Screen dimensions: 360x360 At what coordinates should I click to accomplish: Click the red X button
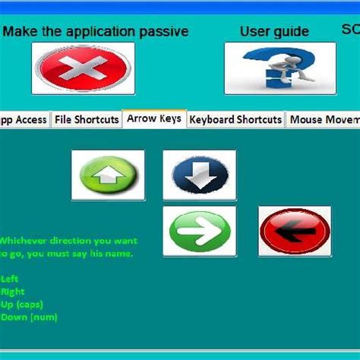(83, 68)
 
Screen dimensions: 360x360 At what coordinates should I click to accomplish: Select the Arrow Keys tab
(154, 118)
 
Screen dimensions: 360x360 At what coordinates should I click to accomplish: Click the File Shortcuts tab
(87, 119)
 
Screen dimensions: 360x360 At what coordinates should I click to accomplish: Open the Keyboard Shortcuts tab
(235, 119)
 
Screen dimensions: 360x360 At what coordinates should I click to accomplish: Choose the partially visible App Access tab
(24, 119)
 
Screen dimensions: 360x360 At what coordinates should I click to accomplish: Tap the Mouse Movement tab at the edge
(324, 119)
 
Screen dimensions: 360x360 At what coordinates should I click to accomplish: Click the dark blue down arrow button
(199, 175)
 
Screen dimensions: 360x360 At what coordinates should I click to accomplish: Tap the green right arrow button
(199, 231)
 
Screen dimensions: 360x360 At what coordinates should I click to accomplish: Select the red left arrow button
(295, 231)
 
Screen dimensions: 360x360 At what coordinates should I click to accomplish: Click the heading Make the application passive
(96, 32)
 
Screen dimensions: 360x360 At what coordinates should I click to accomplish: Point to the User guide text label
(274, 32)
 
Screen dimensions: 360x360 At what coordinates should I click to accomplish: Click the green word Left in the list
(10, 279)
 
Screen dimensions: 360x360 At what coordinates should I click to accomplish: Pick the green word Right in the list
(13, 292)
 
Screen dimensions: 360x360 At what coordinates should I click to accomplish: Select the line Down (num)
(29, 317)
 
